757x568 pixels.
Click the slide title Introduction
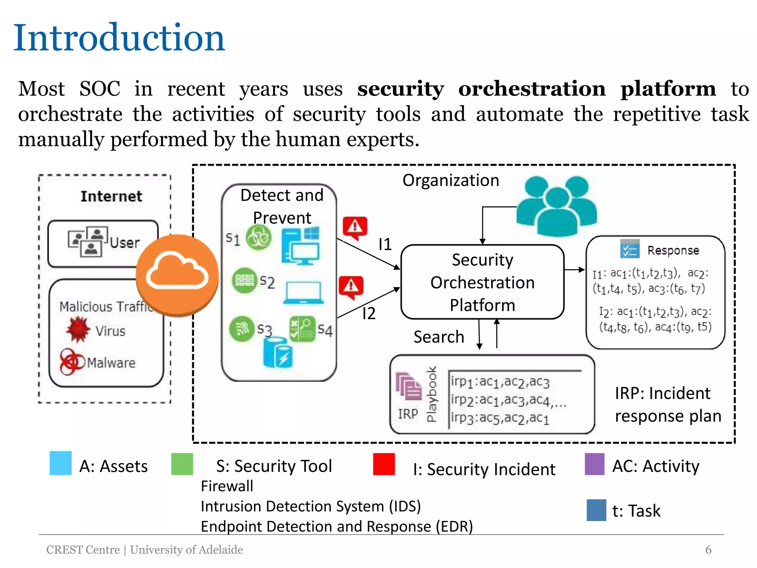pos(119,38)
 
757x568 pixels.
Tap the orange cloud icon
pos(177,275)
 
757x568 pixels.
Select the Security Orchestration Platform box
pos(482,282)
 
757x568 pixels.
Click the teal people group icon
pos(556,206)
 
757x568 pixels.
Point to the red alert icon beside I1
pos(355,227)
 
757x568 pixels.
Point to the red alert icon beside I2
pos(351,287)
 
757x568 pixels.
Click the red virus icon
pos(78,329)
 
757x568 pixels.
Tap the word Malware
pos(111,363)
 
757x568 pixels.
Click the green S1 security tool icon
pos(259,238)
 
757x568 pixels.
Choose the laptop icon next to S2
pos(303,293)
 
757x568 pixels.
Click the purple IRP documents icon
pos(408,386)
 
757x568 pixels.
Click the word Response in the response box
pos(673,250)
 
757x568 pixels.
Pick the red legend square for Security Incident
pos(384,464)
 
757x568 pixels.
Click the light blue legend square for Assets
pos(61,463)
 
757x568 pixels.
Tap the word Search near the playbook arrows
pos(439,337)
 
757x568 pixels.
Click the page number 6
pos(708,550)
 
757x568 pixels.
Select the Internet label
pos(111,196)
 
